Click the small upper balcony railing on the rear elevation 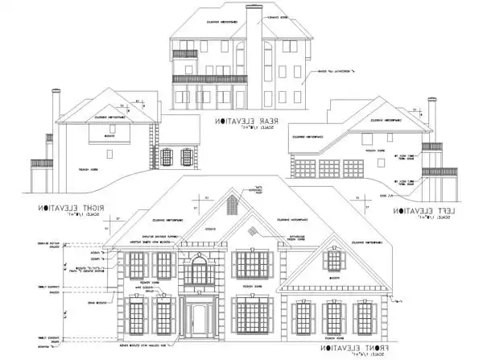pyautogui.click(x=185, y=54)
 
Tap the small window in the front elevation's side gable pyautogui.click(x=333, y=260)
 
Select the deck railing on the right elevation pyautogui.click(x=42, y=163)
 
